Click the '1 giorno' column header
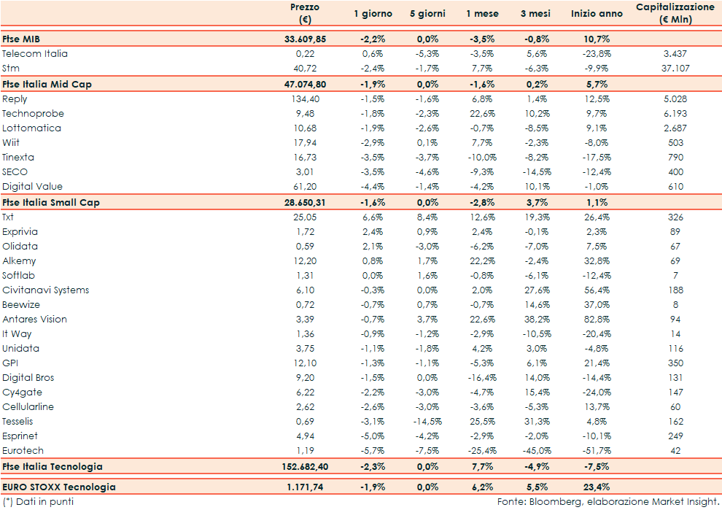[373, 14]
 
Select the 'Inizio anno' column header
[597, 14]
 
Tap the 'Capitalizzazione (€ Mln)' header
[675, 13]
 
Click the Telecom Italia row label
[35, 53]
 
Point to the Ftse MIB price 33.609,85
[304, 39]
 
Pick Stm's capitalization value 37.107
[675, 68]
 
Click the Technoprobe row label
[33, 113]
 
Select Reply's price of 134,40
[305, 98]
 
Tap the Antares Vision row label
[34, 319]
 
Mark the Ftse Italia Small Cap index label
[51, 202]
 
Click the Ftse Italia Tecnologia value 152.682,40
[304, 466]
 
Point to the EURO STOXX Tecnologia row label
[59, 487]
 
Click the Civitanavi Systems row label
[45, 290]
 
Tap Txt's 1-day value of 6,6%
[373, 217]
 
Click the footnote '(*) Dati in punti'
[38, 502]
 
